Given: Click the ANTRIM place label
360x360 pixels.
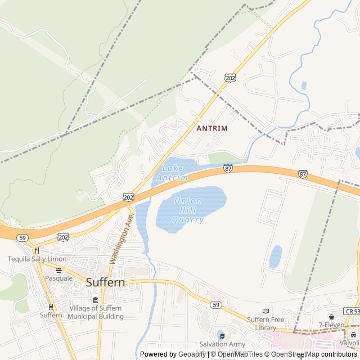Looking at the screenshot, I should point(212,128).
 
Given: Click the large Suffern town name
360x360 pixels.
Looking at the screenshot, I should point(105,282).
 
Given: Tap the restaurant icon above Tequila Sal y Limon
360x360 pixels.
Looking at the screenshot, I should point(37,250).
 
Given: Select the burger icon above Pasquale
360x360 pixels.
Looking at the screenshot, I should point(58,269).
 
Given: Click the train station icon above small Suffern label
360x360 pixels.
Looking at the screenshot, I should point(51,307).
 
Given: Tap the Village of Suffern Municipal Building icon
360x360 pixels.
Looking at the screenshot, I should point(95,300).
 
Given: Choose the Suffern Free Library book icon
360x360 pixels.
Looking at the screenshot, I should point(266,311).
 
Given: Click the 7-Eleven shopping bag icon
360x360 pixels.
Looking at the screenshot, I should point(332,317).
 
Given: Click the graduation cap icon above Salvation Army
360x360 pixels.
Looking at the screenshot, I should point(222,336).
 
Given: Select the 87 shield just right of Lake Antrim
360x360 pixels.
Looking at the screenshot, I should point(228,168).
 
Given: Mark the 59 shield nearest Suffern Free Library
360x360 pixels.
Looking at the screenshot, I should point(215,304).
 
